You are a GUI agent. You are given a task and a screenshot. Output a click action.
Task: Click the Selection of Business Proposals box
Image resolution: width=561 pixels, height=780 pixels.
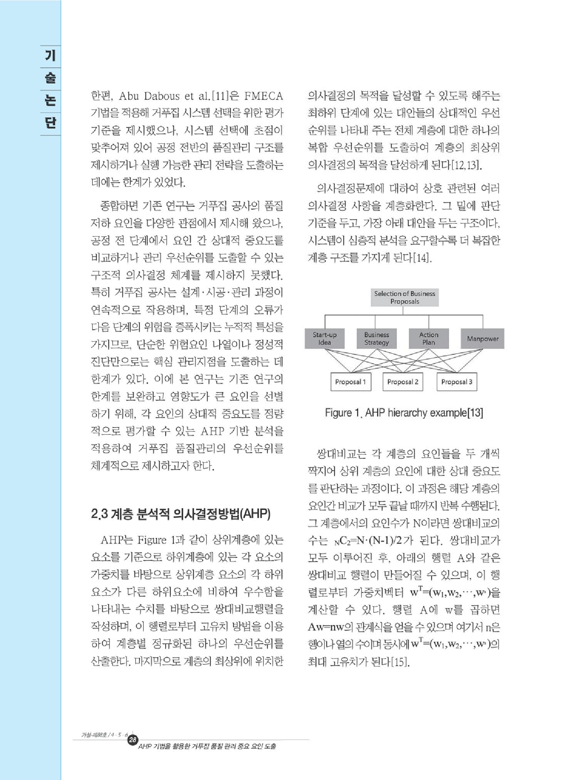[x=405, y=297]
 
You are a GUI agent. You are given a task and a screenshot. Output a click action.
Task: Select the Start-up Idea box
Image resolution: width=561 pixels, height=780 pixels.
[x=324, y=339]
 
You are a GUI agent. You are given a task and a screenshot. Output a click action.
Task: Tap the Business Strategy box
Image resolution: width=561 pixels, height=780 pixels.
[x=376, y=339]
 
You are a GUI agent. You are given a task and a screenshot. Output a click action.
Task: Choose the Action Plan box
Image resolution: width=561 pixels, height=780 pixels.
[x=428, y=339]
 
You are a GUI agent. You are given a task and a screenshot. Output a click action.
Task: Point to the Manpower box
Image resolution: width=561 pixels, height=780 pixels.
[x=482, y=339]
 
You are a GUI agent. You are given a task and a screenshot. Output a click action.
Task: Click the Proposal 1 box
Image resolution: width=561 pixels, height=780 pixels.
[x=350, y=382]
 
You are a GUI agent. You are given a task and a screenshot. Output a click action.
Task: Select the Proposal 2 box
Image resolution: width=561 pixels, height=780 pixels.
[x=403, y=382]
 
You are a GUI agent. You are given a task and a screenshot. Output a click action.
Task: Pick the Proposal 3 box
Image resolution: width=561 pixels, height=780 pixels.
[x=457, y=382]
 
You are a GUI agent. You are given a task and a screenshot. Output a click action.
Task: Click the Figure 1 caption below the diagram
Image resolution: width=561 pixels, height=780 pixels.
[x=404, y=413]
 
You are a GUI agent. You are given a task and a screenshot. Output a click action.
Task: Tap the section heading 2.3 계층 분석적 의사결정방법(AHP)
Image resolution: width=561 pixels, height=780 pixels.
[x=181, y=514]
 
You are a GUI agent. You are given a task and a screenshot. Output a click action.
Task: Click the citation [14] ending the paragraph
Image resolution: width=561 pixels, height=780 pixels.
[x=422, y=258]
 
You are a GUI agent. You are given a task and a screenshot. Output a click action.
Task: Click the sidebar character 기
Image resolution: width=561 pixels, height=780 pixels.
[x=50, y=56]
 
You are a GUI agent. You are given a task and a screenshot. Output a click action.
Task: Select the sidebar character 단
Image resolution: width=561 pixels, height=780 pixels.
[x=50, y=123]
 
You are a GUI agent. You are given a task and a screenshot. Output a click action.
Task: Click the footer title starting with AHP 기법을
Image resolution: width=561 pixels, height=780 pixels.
[x=207, y=746]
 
